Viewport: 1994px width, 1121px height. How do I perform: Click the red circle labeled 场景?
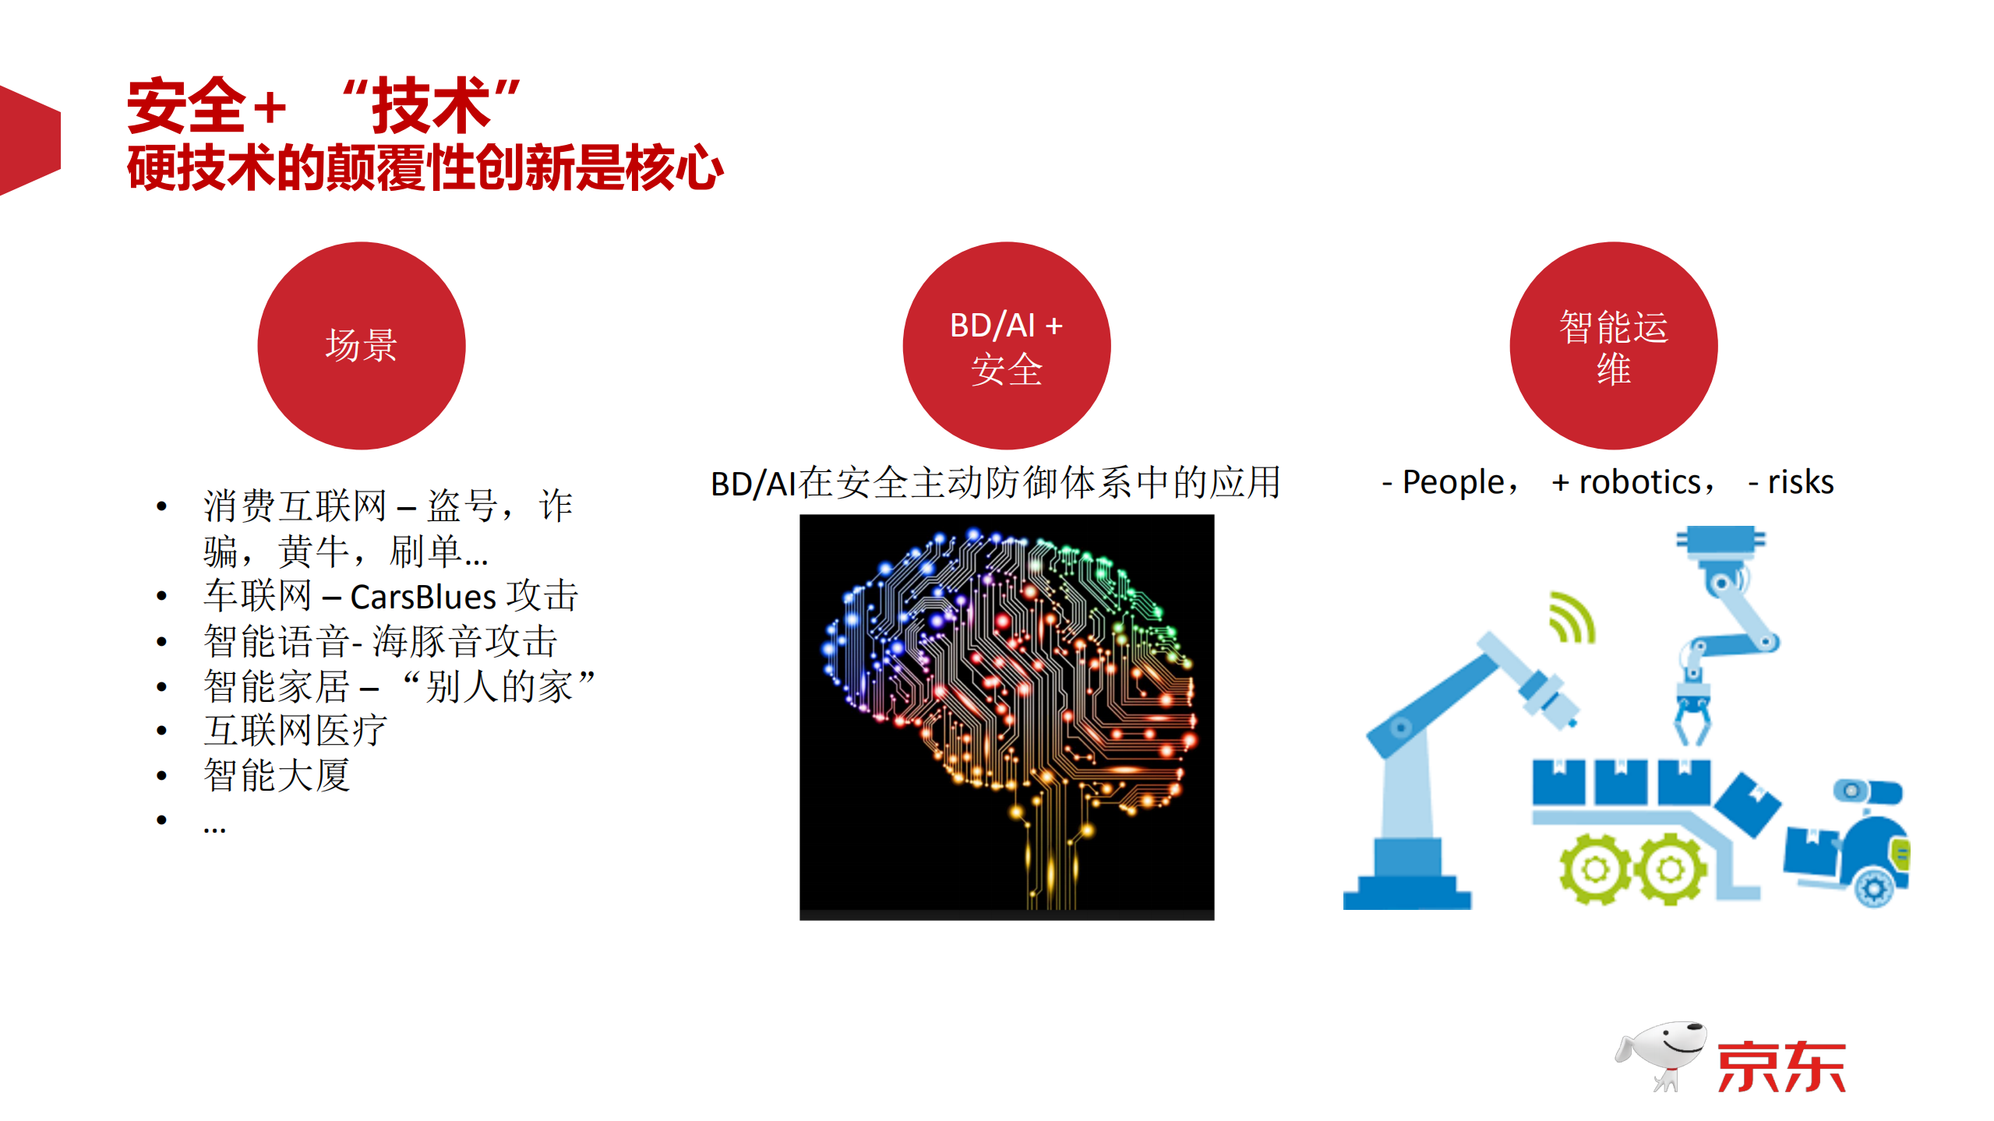[x=361, y=345]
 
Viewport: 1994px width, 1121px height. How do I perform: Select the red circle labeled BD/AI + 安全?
[x=1006, y=345]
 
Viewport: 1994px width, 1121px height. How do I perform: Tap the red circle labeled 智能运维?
[x=1613, y=345]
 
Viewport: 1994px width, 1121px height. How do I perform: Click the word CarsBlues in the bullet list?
[x=422, y=598]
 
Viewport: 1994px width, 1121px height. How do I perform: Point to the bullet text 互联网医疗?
[x=295, y=731]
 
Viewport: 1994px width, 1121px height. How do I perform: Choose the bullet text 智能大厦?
[x=277, y=775]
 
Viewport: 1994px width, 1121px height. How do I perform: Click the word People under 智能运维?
[x=1452, y=482]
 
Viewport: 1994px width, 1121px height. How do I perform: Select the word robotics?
[x=1639, y=482]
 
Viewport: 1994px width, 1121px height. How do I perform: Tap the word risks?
[x=1800, y=482]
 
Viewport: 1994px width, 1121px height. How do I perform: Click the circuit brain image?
[x=1006, y=717]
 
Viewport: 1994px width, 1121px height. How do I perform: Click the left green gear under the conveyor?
[x=1594, y=868]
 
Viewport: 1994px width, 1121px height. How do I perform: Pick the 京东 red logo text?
[x=1780, y=1067]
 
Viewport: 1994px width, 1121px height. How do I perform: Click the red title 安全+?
[x=206, y=106]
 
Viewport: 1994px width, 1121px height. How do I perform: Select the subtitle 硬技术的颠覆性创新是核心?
[x=425, y=168]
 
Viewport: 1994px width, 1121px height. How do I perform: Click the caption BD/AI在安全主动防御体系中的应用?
[x=995, y=483]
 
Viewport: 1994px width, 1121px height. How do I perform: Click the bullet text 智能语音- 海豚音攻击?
[x=380, y=642]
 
